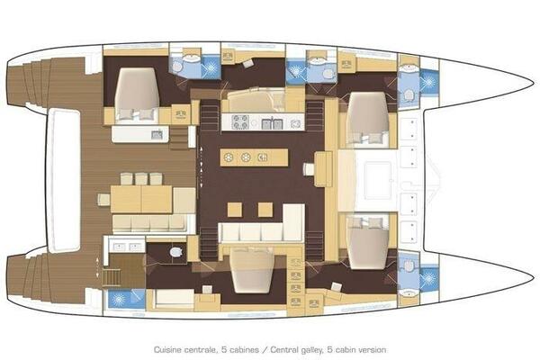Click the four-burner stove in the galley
click(240, 121)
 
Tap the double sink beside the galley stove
click(272, 123)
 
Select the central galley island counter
click(254, 157)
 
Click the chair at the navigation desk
click(309, 169)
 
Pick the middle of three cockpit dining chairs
click(141, 179)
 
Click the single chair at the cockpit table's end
click(103, 200)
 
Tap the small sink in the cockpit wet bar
click(157, 135)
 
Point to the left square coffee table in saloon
click(235, 210)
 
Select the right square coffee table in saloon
click(265, 210)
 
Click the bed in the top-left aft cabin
click(137, 94)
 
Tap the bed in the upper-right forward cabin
click(368, 118)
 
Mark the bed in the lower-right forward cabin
click(368, 242)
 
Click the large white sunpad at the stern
click(63, 180)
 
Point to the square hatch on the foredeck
click(378, 180)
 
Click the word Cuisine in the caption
click(167, 350)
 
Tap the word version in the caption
click(373, 350)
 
